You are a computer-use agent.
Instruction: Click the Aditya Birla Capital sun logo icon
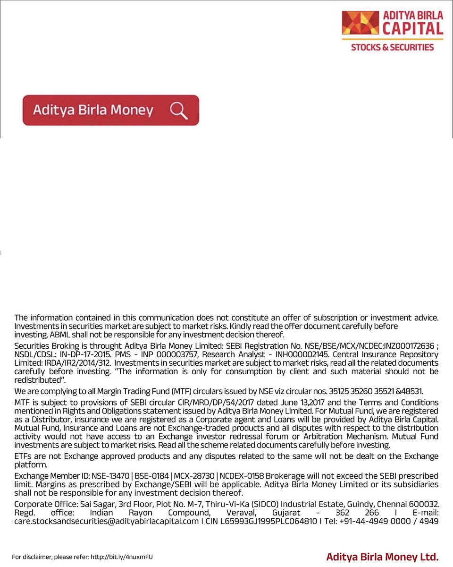tap(360, 24)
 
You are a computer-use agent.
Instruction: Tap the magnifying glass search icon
tap(179, 111)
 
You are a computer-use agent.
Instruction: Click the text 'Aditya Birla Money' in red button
tap(93, 111)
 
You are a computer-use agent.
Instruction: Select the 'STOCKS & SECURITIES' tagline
tap(392, 47)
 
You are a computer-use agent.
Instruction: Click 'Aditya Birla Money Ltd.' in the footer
tap(382, 557)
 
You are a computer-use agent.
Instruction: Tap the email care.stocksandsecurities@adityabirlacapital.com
tap(107, 521)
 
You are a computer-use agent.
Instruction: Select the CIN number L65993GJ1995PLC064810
tap(265, 521)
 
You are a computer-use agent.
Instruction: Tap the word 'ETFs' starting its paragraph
tap(23, 456)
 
